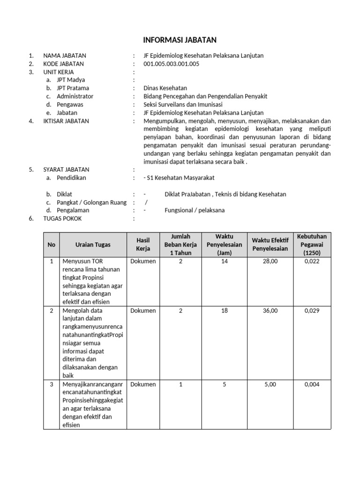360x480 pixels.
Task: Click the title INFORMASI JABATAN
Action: (180, 40)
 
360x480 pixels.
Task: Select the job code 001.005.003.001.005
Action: (171, 64)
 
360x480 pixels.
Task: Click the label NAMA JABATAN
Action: (65, 55)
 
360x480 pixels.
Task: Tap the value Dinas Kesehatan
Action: (165, 88)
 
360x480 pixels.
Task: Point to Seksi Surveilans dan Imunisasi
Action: (183, 105)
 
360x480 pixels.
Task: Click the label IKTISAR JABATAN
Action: (66, 121)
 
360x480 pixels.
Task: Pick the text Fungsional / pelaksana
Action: (195, 210)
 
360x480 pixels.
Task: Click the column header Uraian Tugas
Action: (93, 244)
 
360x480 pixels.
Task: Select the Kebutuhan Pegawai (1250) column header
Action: (312, 244)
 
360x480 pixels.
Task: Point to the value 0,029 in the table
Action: (312, 310)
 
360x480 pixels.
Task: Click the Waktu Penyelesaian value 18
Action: (225, 310)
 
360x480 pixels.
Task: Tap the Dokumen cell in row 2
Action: (143, 310)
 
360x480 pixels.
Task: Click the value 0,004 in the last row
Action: (312, 384)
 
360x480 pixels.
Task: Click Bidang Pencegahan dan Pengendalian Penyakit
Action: (205, 96)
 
